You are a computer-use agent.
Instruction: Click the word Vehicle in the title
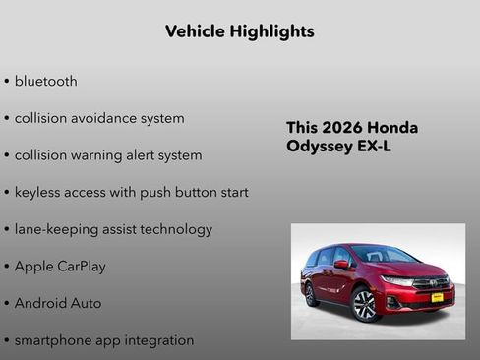[x=195, y=31]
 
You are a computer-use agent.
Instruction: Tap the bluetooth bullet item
[x=45, y=81]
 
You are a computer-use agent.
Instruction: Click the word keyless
[x=38, y=192]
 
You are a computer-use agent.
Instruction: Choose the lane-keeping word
[x=53, y=229]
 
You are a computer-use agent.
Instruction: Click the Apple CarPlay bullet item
[x=60, y=267]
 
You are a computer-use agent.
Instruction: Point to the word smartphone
[x=54, y=340]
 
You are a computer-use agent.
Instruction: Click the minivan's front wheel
[x=364, y=304]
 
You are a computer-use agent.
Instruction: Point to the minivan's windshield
[x=380, y=254]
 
